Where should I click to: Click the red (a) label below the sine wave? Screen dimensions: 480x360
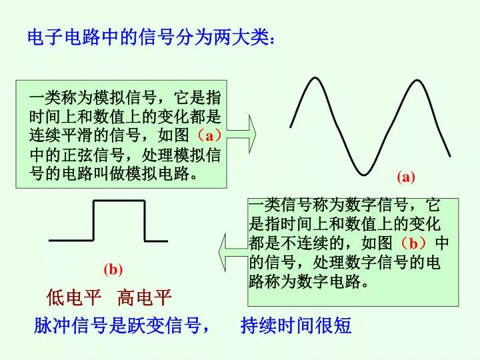point(406,177)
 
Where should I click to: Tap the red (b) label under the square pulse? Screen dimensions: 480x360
point(113,270)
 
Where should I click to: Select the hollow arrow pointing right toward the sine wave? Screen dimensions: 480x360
point(241,134)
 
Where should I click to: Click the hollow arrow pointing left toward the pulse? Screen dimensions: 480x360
point(233,252)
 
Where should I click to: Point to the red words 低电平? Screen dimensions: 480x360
point(74,297)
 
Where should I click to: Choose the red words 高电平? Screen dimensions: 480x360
point(144,297)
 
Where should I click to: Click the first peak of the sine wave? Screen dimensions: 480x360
point(315,78)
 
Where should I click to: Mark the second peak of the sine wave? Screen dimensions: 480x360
point(417,81)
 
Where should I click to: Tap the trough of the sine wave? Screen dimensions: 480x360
point(364,175)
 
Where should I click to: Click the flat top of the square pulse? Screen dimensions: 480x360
point(119,201)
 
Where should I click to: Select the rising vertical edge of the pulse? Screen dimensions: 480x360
point(94,221)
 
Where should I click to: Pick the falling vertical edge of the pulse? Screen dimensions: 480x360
point(144,221)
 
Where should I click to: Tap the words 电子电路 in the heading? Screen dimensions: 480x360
point(64,37)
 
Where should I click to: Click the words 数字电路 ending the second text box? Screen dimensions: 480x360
point(329,281)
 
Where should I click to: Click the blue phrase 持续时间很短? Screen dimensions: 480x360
point(296,325)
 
